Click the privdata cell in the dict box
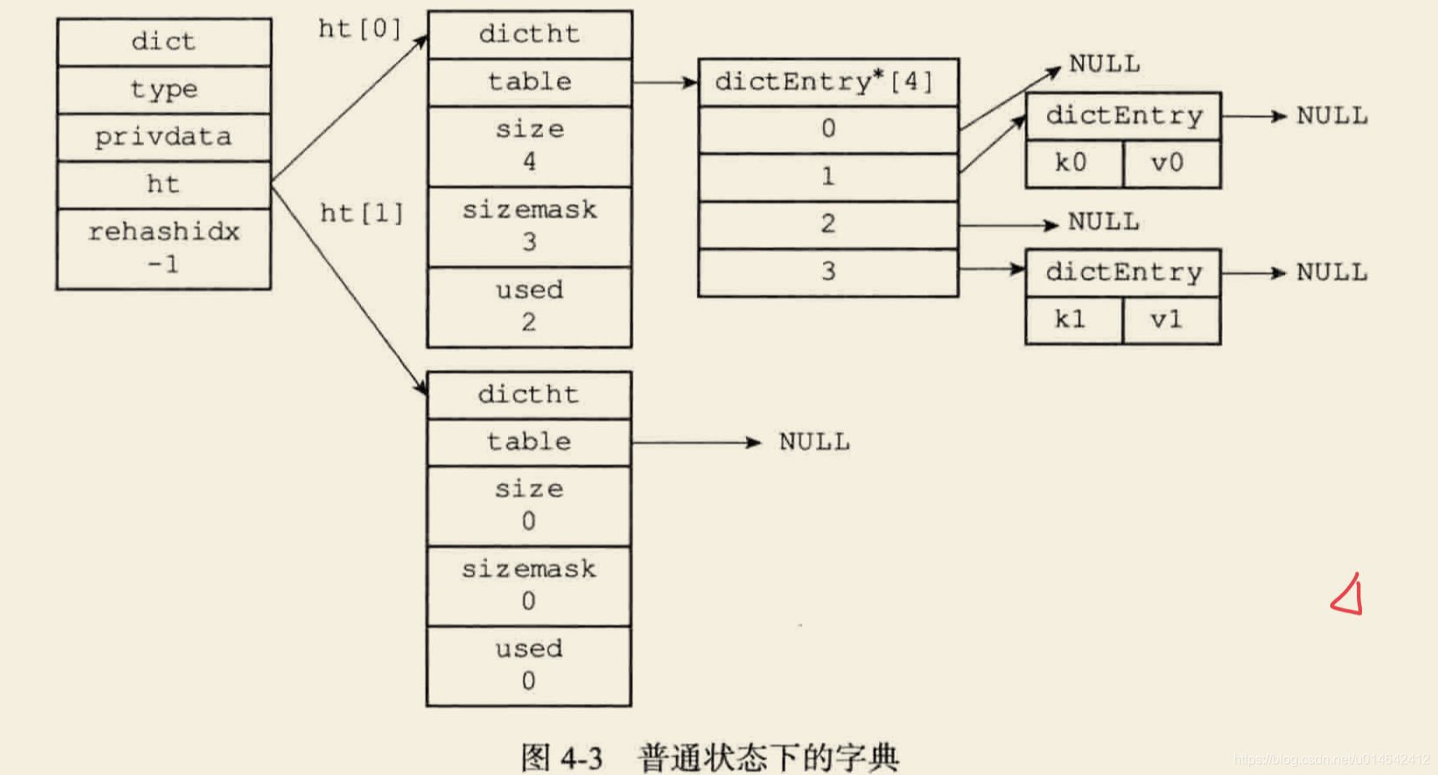point(164,137)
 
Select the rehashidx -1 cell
point(164,248)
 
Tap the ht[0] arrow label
point(360,29)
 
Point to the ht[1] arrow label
point(362,214)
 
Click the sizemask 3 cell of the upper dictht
point(530,225)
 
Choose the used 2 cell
point(530,306)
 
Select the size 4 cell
point(530,145)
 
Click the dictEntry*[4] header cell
point(827,82)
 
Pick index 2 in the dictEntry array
point(827,224)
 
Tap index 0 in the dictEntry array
point(827,129)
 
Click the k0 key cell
point(1073,163)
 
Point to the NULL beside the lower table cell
point(814,442)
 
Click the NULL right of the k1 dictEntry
point(1332,272)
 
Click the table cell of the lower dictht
point(529,442)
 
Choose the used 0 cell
point(529,665)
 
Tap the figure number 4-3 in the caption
point(582,758)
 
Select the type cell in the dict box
point(164,89)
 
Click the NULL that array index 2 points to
point(1103,222)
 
